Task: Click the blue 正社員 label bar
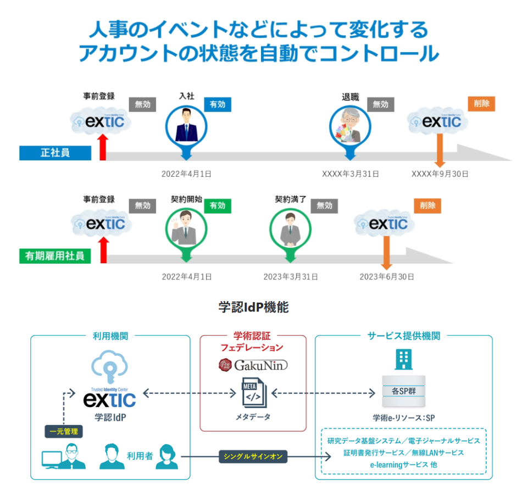coord(55,153)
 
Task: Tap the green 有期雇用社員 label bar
coord(55,256)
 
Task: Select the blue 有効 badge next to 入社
coord(218,104)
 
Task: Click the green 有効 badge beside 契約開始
coord(218,206)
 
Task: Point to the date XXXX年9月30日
coord(440,174)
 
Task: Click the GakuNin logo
coord(253,365)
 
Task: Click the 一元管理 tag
coord(64,432)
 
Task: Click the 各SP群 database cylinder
coord(404,391)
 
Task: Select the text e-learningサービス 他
coord(403,465)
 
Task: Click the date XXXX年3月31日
coord(351,174)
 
